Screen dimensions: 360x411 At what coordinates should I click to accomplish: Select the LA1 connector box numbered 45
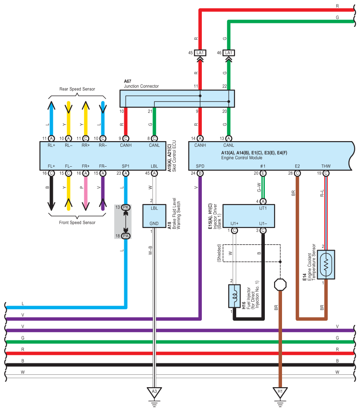(x=200, y=53)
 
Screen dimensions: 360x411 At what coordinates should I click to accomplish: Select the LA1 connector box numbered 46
(x=229, y=53)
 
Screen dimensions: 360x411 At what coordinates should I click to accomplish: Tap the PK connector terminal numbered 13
(x=126, y=207)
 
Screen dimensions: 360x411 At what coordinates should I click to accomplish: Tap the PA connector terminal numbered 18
(x=126, y=236)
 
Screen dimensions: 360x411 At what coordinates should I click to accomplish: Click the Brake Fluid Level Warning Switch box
(x=154, y=216)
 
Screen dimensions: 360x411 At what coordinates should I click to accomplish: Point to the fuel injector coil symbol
(x=234, y=296)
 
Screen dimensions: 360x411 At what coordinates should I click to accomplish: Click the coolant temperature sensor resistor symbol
(x=326, y=265)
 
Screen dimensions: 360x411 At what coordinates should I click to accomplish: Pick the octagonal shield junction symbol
(x=280, y=285)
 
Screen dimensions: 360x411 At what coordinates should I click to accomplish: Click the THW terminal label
(x=326, y=166)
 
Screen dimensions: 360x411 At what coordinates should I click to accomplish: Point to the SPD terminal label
(x=200, y=166)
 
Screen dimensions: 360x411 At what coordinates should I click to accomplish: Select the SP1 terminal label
(x=126, y=166)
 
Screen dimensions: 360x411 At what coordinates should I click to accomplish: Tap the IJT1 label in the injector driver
(x=263, y=208)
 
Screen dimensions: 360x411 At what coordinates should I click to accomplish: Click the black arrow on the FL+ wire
(x=51, y=194)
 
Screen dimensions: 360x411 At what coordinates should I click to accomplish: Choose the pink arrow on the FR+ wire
(x=85, y=194)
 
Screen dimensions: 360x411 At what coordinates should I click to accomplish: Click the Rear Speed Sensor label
(x=77, y=89)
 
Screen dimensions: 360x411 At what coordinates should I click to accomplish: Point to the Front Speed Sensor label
(x=77, y=223)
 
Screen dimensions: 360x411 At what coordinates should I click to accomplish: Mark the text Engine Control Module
(x=241, y=158)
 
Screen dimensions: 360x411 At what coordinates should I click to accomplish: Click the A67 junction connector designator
(x=127, y=81)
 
